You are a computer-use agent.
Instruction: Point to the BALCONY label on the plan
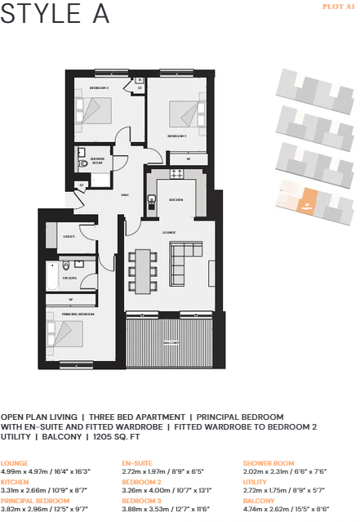pyautogui.click(x=170, y=342)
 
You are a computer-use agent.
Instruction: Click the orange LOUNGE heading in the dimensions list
pyautogui.click(x=14, y=463)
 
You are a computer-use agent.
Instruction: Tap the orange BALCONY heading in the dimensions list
pyautogui.click(x=259, y=500)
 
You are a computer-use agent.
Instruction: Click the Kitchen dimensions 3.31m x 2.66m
pyautogui.click(x=43, y=489)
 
